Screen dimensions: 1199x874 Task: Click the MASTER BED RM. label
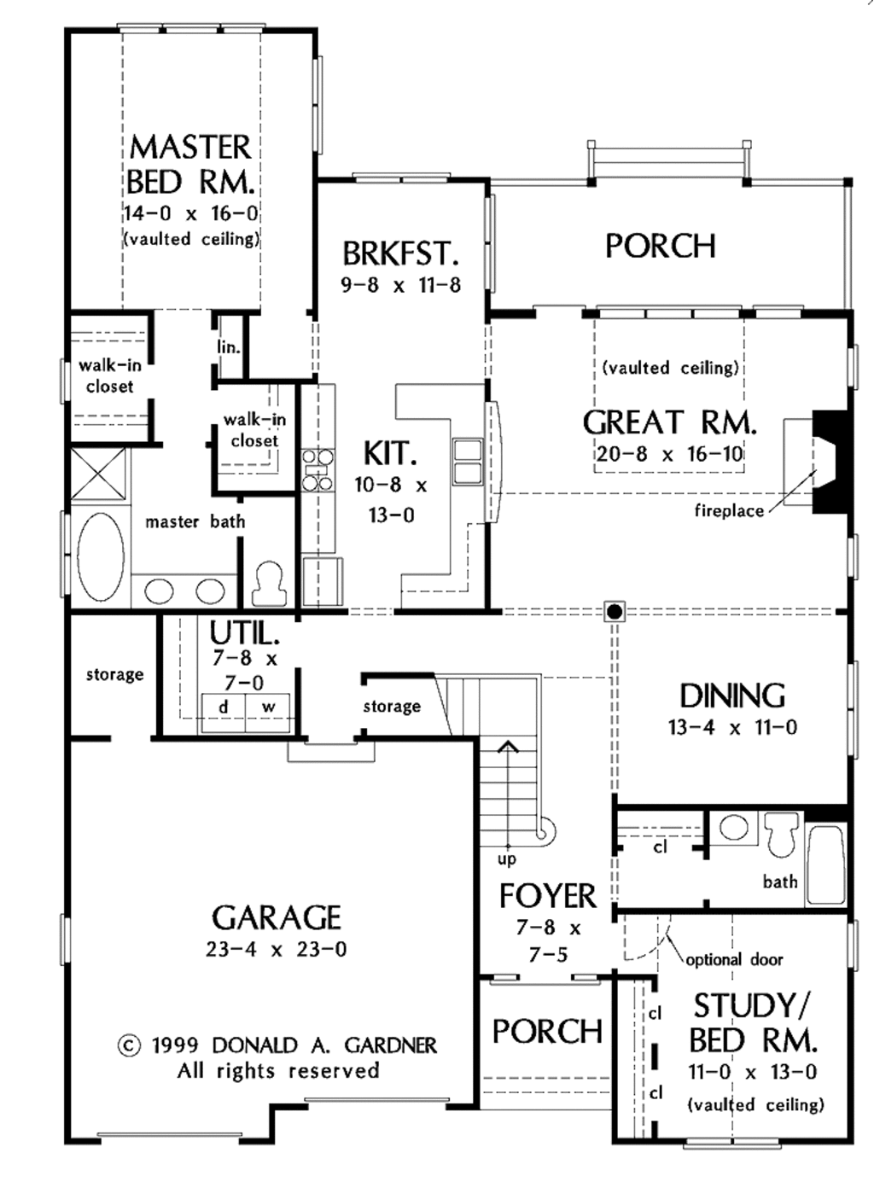(190, 165)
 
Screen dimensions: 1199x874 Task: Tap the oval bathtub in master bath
(100, 556)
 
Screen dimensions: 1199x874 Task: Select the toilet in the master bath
(269, 582)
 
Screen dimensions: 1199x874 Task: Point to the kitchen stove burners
(318, 470)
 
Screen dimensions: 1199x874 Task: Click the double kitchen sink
(467, 461)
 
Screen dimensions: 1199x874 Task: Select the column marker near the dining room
(615, 611)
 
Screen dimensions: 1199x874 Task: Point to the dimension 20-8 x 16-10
(669, 454)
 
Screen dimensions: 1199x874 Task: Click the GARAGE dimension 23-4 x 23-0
(277, 949)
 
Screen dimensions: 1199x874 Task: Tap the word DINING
(732, 696)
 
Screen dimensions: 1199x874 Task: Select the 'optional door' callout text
(734, 959)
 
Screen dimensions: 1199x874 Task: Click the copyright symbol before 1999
(129, 1045)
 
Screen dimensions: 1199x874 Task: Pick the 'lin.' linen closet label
(228, 347)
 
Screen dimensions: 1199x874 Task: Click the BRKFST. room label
(400, 253)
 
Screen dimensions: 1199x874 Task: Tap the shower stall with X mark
(98, 472)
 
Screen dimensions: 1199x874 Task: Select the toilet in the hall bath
(781, 832)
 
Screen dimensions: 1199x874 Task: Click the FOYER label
(548, 896)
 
